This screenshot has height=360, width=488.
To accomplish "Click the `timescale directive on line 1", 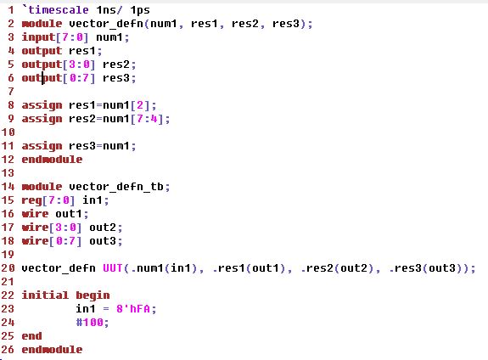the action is tap(55, 10).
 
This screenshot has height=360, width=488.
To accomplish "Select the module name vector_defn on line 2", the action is tap(106, 24).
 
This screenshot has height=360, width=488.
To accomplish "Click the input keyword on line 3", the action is tap(38, 37).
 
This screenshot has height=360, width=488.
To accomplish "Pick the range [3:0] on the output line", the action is tap(79, 65).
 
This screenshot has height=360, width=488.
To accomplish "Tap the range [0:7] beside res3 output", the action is tap(79, 78).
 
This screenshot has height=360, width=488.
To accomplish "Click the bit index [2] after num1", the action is tap(140, 105).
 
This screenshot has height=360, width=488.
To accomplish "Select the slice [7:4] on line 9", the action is tap(147, 119).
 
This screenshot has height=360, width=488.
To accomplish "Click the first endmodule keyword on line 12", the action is tap(52, 160).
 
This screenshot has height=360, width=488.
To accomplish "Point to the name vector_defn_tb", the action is tap(116, 187).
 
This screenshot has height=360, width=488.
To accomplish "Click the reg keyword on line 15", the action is tap(31, 200).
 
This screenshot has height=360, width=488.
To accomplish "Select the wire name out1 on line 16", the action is tap(69, 214).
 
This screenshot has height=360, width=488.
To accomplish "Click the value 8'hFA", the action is tap(133, 309).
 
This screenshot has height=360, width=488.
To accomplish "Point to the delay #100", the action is tap(90, 323).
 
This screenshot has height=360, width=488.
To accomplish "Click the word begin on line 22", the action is tap(93, 295).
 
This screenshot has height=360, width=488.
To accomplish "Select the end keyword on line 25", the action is tap(31, 336).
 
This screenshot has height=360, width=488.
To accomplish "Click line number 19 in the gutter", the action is tap(8, 255).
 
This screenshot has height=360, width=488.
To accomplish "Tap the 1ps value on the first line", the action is tap(140, 10).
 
